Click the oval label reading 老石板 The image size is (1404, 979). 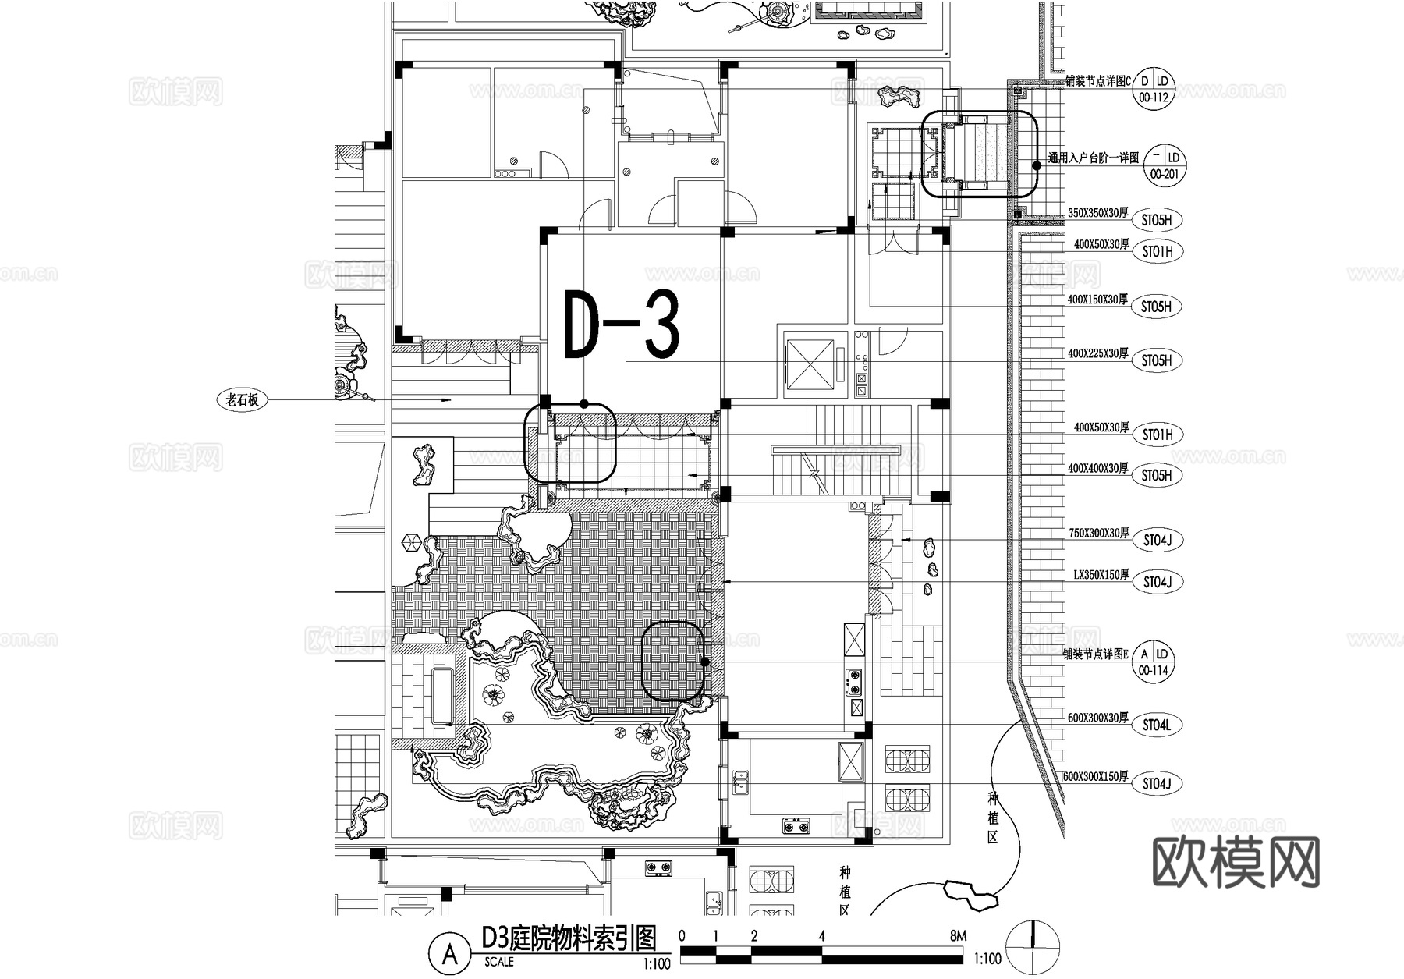(242, 400)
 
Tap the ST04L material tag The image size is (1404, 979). (1157, 725)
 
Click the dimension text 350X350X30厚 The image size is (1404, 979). (1097, 213)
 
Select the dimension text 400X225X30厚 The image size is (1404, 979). (1097, 353)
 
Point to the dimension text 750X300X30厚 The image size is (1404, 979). (1098, 534)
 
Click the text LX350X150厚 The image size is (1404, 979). (1101, 575)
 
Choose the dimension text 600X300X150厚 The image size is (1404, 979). (1096, 777)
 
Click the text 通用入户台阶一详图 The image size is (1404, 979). (1094, 158)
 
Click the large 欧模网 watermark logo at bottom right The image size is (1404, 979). (1236, 862)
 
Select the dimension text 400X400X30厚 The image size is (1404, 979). (1097, 469)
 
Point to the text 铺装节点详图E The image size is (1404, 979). (1095, 654)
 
